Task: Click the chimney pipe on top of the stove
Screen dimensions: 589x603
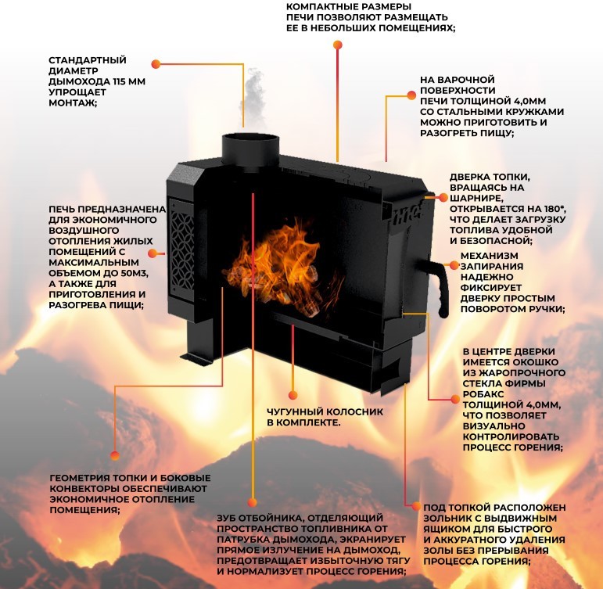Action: click(x=249, y=147)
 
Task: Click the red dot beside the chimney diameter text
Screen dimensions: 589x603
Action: click(x=156, y=65)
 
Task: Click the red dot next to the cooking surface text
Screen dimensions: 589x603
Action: click(x=412, y=95)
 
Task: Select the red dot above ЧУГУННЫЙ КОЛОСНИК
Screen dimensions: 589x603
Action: click(x=293, y=394)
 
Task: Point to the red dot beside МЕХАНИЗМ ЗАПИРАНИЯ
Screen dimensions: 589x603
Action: click(x=451, y=267)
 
